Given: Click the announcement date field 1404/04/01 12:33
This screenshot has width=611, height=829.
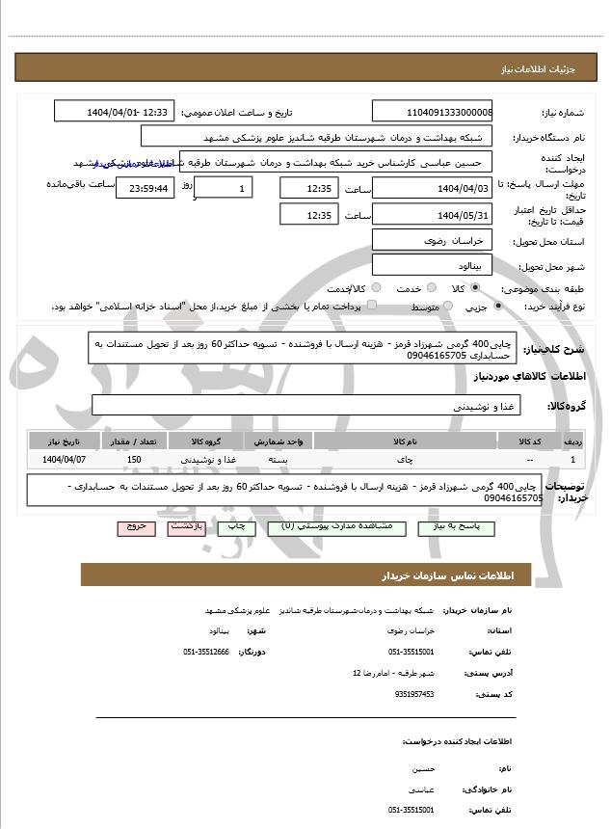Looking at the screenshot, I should (x=115, y=113).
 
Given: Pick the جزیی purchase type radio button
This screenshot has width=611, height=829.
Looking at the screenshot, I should (x=497, y=307).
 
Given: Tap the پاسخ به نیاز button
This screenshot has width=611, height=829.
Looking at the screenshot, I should (x=464, y=528).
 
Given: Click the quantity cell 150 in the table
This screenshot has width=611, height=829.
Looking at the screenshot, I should (x=134, y=460).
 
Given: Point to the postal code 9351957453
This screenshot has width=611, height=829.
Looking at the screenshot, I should (x=414, y=693).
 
